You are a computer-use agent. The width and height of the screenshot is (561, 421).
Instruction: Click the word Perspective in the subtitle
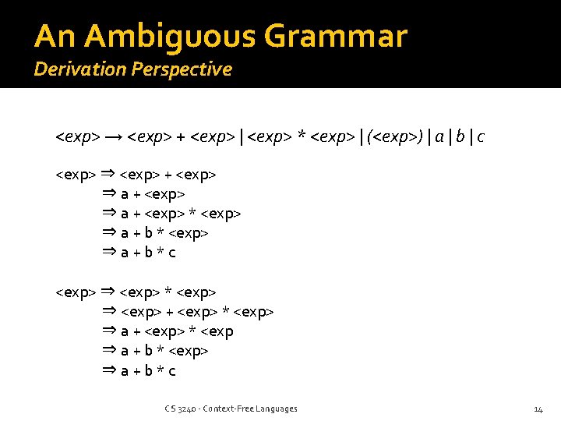tap(182, 69)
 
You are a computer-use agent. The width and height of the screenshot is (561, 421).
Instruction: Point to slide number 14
tap(538, 409)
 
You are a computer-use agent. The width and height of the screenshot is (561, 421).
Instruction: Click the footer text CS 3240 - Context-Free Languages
tap(231, 409)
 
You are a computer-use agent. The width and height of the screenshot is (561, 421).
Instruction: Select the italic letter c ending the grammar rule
tap(481, 137)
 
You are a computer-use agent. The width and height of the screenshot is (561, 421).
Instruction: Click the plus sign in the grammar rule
tap(181, 137)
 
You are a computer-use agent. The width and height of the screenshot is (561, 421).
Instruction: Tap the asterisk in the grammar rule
tap(301, 137)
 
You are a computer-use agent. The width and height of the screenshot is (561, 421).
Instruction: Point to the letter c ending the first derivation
tap(172, 253)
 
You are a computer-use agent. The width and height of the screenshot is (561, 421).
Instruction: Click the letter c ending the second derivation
tap(172, 371)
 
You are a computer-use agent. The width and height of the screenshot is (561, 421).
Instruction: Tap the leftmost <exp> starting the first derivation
tap(76, 174)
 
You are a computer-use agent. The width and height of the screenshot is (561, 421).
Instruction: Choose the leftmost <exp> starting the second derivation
tap(76, 292)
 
